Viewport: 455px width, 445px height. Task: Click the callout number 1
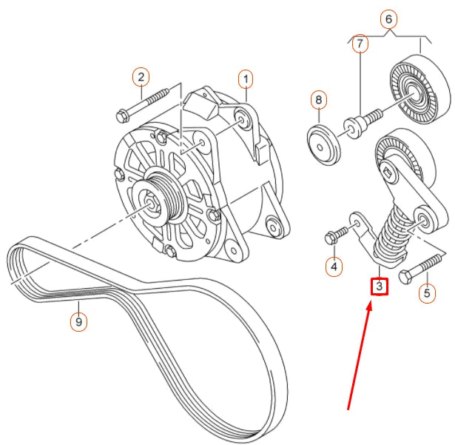[x=245, y=78]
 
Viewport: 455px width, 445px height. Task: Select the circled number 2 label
[x=141, y=76]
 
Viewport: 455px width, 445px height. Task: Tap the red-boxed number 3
[x=379, y=285]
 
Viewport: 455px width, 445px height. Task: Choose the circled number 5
[x=425, y=294]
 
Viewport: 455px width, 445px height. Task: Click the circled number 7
[x=360, y=44]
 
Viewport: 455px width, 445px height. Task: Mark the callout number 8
[x=318, y=98]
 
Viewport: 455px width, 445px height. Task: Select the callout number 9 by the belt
[x=76, y=321]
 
